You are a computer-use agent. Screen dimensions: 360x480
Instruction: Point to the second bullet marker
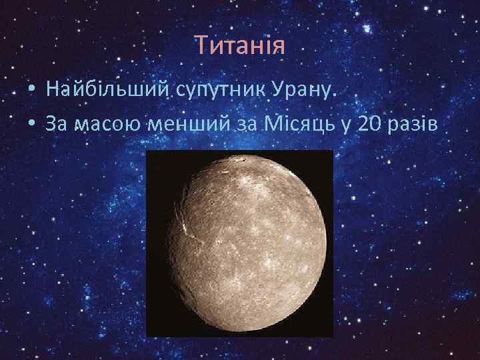pyautogui.click(x=32, y=124)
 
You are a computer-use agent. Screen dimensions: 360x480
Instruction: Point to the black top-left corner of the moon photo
pyautogui.click(x=153, y=157)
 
